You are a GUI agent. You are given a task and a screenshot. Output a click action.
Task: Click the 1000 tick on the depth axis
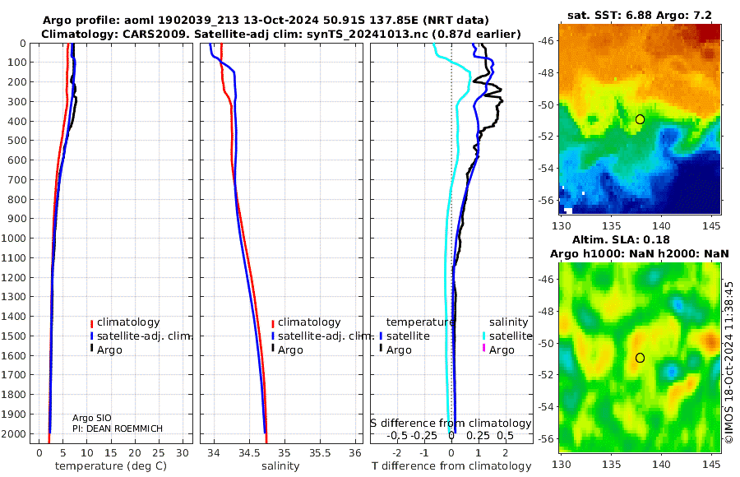(16, 238)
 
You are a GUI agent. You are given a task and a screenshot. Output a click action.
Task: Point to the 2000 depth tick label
(16, 434)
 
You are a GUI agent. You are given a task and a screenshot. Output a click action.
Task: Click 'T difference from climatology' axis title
(451, 466)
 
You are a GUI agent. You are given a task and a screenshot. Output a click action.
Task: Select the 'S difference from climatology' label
(451, 424)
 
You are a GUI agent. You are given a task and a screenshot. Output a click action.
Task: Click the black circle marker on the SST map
(640, 119)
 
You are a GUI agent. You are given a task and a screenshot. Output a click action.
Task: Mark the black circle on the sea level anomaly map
(640, 358)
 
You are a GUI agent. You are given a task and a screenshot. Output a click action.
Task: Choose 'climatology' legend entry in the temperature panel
(127, 322)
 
